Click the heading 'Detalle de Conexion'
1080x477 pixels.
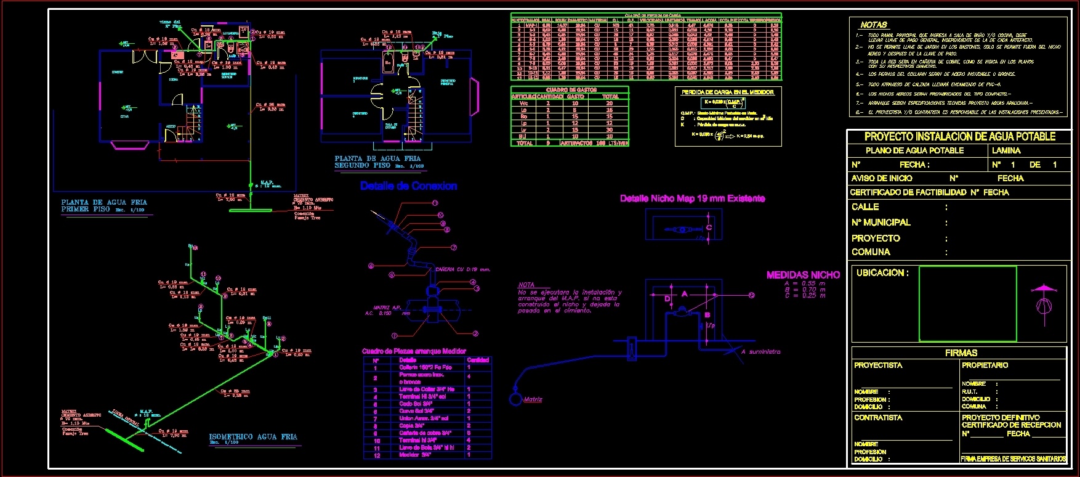click(408, 186)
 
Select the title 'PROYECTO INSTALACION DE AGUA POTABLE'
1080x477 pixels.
click(959, 137)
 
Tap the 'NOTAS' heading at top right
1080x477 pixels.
click(873, 25)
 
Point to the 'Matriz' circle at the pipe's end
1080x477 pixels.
click(515, 399)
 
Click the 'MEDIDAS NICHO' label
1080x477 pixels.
click(803, 275)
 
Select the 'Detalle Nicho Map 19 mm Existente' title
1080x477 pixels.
click(692, 198)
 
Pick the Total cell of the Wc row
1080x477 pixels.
click(609, 104)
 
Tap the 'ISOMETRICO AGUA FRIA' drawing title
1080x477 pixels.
click(253, 436)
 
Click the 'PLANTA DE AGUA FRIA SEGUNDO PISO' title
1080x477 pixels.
click(377, 161)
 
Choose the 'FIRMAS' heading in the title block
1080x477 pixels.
click(961, 353)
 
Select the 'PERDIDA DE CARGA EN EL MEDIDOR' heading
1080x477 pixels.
click(727, 92)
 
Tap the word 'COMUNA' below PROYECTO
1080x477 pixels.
click(871, 252)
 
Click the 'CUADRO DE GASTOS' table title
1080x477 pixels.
click(571, 90)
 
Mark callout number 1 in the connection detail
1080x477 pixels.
click(395, 336)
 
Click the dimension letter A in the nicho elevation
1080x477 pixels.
click(684, 294)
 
